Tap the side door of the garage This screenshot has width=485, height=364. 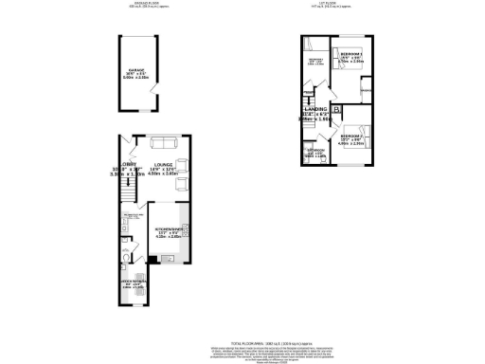click(x=156, y=91)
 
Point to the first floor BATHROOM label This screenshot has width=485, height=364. click(x=314, y=150)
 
